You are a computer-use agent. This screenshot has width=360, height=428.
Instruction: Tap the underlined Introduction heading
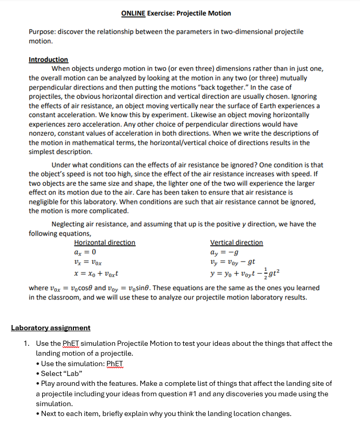(48, 60)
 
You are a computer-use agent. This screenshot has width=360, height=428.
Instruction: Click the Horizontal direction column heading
(105, 242)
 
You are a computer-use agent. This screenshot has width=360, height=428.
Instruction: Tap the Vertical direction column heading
(236, 242)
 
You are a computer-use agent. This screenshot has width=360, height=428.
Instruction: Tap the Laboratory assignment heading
(50, 328)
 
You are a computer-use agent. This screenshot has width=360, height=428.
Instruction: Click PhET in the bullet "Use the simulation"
(115, 364)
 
